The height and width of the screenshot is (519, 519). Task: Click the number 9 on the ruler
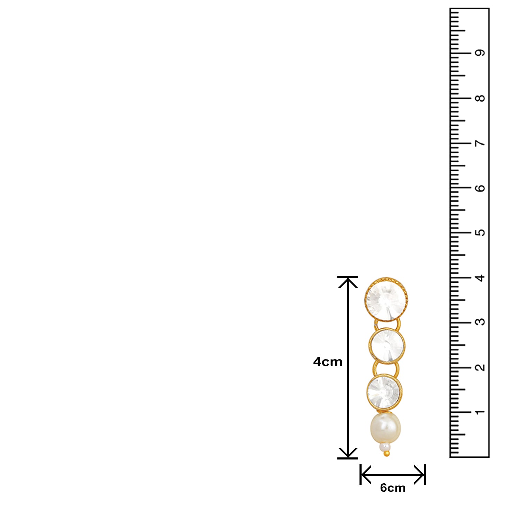480,53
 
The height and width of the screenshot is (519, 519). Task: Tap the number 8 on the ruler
480,98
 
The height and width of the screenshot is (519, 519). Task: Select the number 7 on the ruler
480,143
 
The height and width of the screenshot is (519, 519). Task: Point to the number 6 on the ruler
480,188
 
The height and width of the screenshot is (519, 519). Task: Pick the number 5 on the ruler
480,233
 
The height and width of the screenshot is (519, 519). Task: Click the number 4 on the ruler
480,277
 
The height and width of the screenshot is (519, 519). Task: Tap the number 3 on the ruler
480,322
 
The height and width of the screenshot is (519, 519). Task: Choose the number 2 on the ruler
480,367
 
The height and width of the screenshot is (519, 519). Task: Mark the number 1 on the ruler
480,412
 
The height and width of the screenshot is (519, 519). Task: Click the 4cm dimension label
328,362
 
